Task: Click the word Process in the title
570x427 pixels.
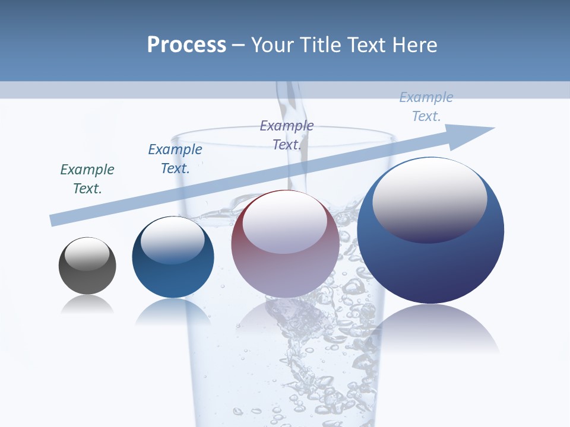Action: [186, 44]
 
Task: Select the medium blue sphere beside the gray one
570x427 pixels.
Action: [173, 258]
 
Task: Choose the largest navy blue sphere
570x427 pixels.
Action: [430, 231]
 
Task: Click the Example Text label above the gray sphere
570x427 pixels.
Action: [87, 179]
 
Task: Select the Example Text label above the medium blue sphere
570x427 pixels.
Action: [175, 159]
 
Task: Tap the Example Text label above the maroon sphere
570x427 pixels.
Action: [287, 135]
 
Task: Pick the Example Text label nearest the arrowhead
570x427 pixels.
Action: [426, 107]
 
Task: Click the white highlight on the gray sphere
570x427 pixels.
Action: [87, 254]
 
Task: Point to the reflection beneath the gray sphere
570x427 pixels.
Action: [87, 305]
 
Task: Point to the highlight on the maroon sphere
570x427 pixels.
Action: [285, 222]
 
